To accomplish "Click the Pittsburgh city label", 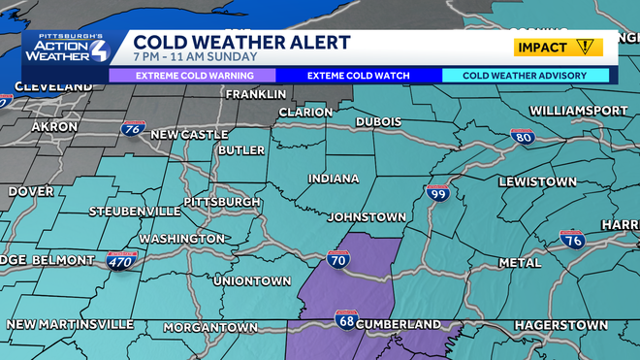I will click(223, 202).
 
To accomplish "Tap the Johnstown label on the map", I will click(366, 217).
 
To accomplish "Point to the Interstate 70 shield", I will click(339, 259).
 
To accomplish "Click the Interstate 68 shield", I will click(346, 319).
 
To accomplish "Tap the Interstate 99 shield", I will click(437, 194).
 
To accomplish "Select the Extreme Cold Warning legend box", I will click(191, 75).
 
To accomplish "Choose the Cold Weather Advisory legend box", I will click(526, 75).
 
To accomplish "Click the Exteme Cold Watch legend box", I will click(359, 75).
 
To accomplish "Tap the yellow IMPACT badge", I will click(558, 47).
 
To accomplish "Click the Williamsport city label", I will click(579, 111).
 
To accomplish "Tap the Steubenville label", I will click(134, 211).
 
